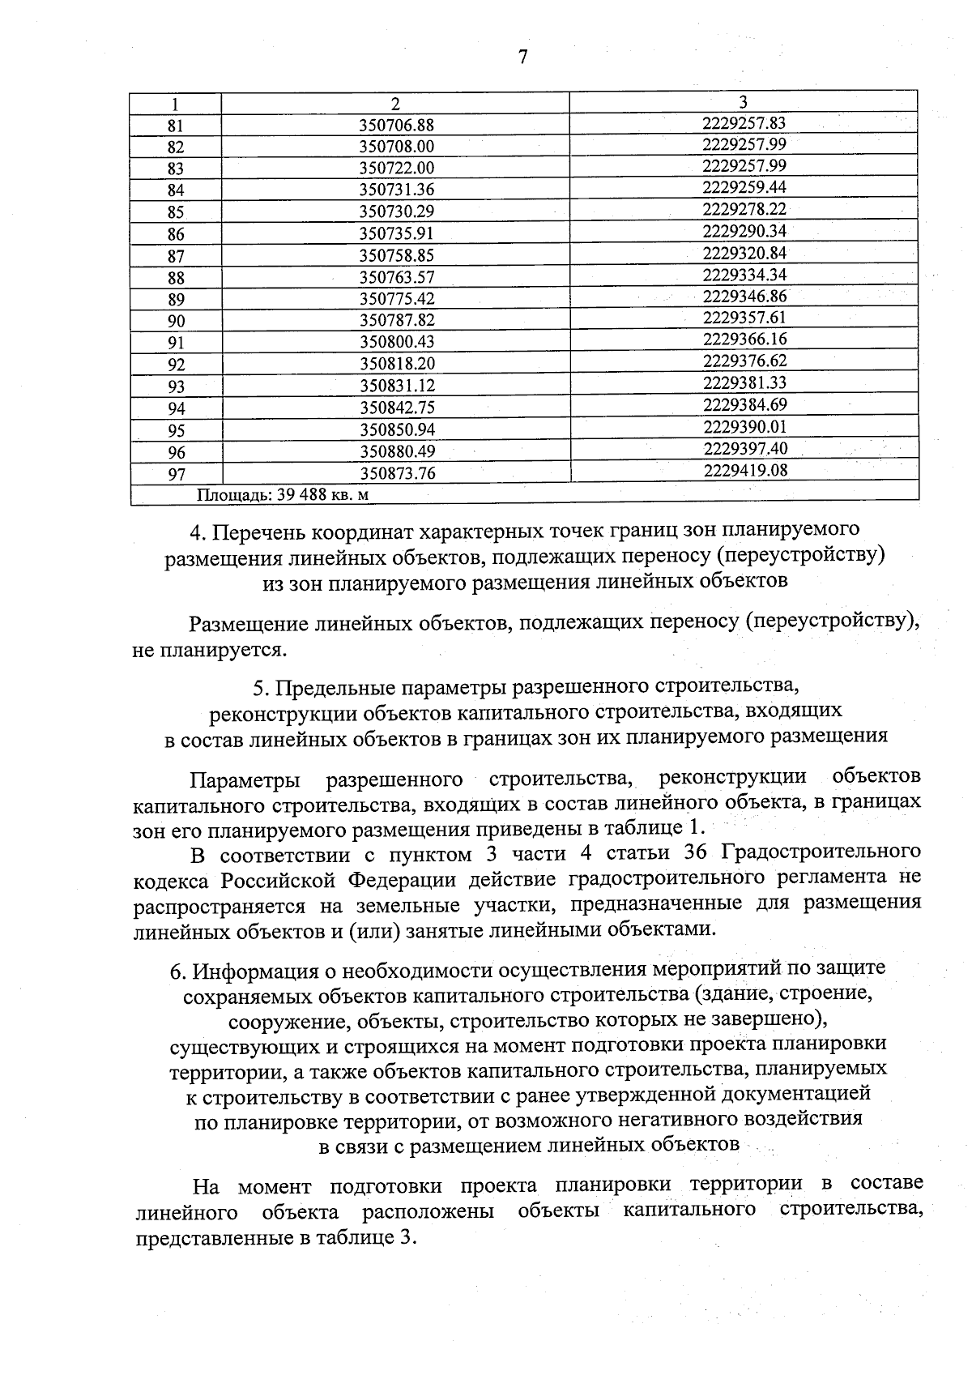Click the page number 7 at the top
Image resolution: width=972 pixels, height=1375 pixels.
point(522,57)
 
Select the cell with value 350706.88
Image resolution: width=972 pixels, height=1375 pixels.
point(397,126)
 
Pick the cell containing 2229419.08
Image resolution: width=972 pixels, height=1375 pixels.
point(744,470)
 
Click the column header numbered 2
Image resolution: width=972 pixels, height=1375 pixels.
point(395,104)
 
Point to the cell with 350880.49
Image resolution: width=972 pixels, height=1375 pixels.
point(397,452)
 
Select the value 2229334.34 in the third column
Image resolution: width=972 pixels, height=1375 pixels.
point(744,275)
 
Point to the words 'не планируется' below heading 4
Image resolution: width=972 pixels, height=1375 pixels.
point(208,650)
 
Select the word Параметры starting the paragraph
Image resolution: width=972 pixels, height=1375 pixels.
point(245,779)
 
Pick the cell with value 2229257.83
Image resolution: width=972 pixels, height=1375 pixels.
point(744,123)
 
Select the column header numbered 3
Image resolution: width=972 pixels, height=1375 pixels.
point(743,101)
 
